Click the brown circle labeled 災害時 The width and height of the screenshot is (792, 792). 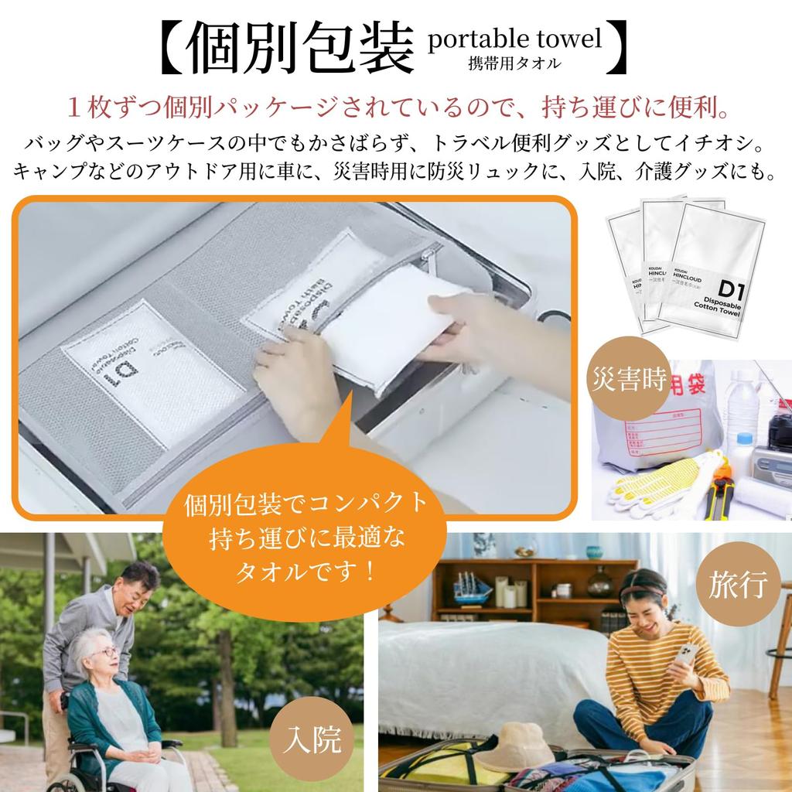point(630,379)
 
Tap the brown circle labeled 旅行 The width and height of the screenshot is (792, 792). point(738,585)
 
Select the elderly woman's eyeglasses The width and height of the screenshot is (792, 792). point(106,652)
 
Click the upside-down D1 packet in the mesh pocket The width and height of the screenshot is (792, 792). point(147,371)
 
